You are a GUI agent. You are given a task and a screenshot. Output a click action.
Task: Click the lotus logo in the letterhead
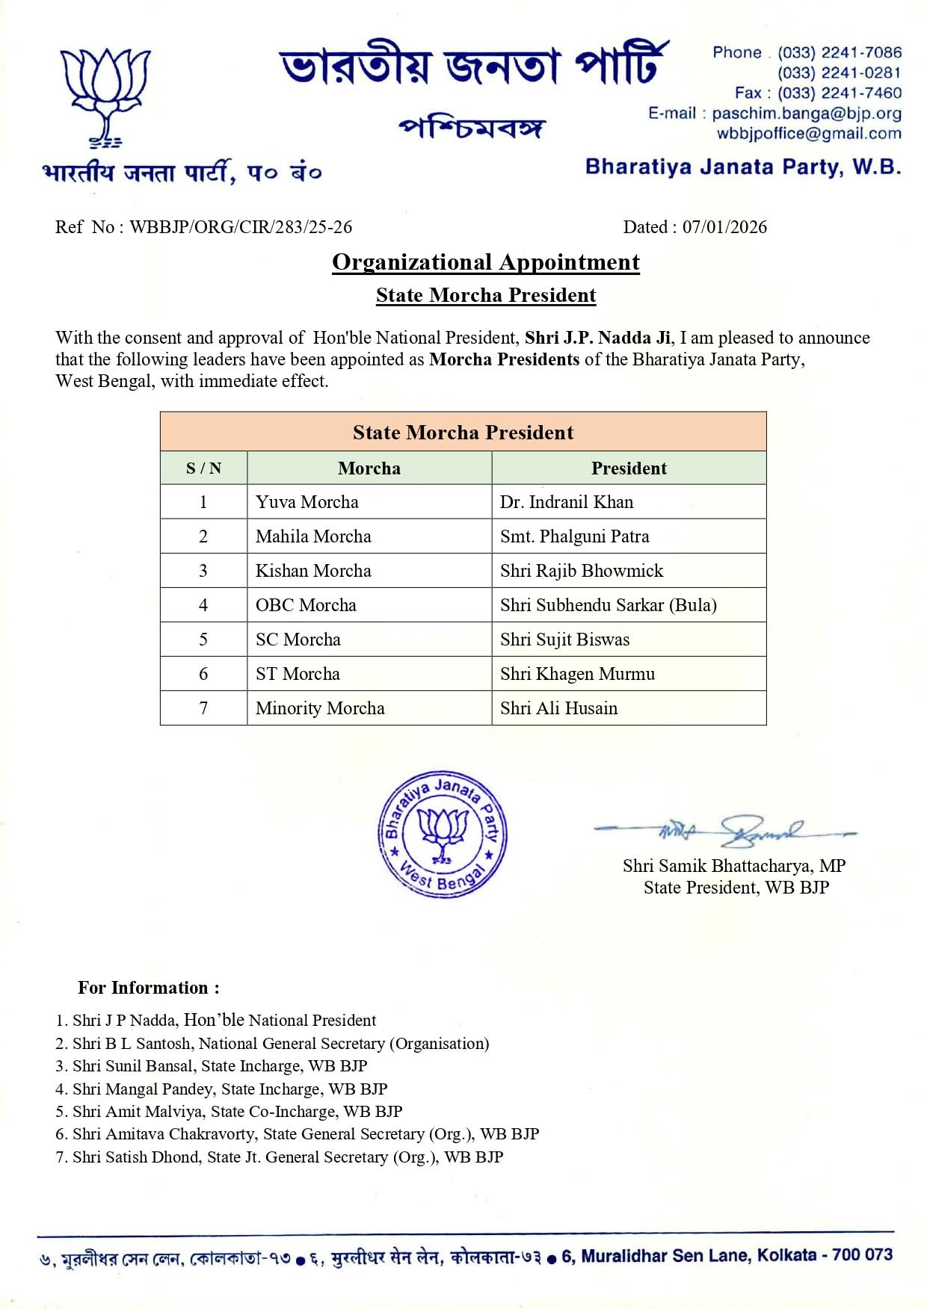[x=105, y=93]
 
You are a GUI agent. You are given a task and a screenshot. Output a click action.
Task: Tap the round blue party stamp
[x=443, y=834]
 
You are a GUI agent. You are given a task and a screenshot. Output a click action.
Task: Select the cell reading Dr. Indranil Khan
[x=566, y=502]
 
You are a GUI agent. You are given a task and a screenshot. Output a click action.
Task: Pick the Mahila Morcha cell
[x=313, y=536]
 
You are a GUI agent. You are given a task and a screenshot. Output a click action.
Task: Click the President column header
[x=629, y=468]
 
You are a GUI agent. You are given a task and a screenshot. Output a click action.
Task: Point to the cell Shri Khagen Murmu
[x=577, y=674]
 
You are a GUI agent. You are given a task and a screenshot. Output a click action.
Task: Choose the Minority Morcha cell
[x=320, y=708]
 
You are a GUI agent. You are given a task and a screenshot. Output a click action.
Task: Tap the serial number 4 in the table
[x=203, y=605]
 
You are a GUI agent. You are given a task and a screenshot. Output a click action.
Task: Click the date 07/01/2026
[x=724, y=227]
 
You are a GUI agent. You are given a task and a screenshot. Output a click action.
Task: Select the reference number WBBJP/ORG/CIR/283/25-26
[x=241, y=227]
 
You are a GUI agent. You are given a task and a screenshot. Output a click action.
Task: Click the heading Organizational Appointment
[x=486, y=262]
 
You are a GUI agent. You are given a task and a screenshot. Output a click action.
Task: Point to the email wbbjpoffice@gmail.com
[x=809, y=134]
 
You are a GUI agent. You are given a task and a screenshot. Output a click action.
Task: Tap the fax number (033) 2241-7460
[x=839, y=93]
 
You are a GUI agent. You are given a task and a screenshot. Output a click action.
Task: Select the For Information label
[x=149, y=988]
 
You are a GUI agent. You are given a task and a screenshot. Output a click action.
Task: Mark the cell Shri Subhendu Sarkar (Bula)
[x=608, y=605]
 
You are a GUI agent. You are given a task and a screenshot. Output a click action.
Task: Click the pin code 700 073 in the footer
[x=862, y=1255]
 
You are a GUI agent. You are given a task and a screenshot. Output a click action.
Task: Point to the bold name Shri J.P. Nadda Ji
[x=597, y=338]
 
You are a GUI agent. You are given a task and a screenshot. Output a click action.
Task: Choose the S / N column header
[x=203, y=468]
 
